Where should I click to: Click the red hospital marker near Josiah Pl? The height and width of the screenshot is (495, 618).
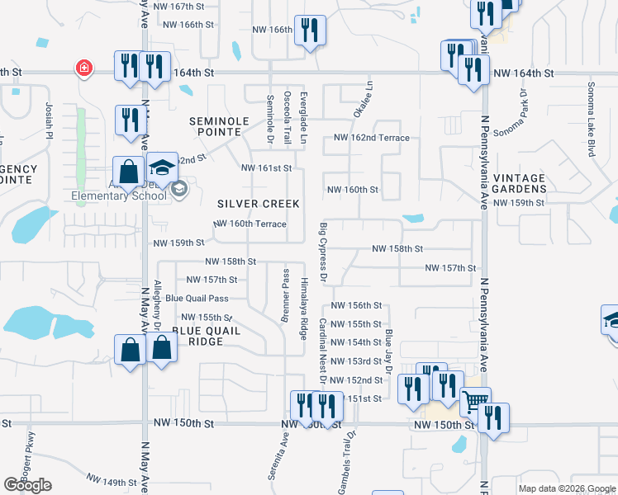click(83, 68)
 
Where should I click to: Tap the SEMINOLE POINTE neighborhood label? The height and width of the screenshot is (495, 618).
click(219, 127)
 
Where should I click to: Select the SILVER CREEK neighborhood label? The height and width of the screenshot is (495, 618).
click(258, 204)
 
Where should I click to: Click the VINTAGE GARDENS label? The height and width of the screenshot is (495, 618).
click(520, 183)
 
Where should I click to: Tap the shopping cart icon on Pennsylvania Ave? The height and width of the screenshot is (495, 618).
click(474, 401)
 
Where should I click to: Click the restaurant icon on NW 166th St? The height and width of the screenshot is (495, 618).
click(310, 31)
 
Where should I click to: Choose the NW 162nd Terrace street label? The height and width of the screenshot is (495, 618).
click(371, 138)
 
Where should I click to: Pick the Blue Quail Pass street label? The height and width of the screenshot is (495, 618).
click(197, 299)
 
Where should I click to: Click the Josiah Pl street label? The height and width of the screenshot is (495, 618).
click(50, 120)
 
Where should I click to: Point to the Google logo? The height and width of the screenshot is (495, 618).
click(27, 485)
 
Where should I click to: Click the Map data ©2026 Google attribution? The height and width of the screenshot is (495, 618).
click(566, 488)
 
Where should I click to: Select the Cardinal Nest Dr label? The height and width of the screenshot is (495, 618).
click(323, 347)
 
